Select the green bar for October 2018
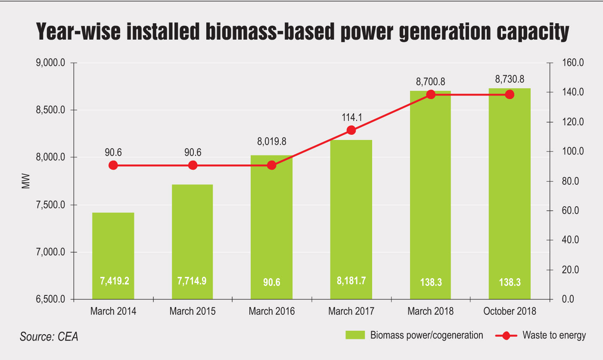click(x=510, y=194)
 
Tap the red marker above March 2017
click(x=351, y=130)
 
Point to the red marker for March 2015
click(x=193, y=165)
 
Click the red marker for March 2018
click(x=430, y=94)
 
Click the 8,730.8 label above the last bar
click(x=510, y=79)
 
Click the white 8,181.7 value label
click(x=351, y=281)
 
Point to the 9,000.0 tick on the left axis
click(x=50, y=63)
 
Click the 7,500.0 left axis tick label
click(x=50, y=205)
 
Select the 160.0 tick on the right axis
click(x=572, y=63)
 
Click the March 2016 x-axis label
click(x=272, y=311)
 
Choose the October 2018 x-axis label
click(x=510, y=311)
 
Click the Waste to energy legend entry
click(x=553, y=335)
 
